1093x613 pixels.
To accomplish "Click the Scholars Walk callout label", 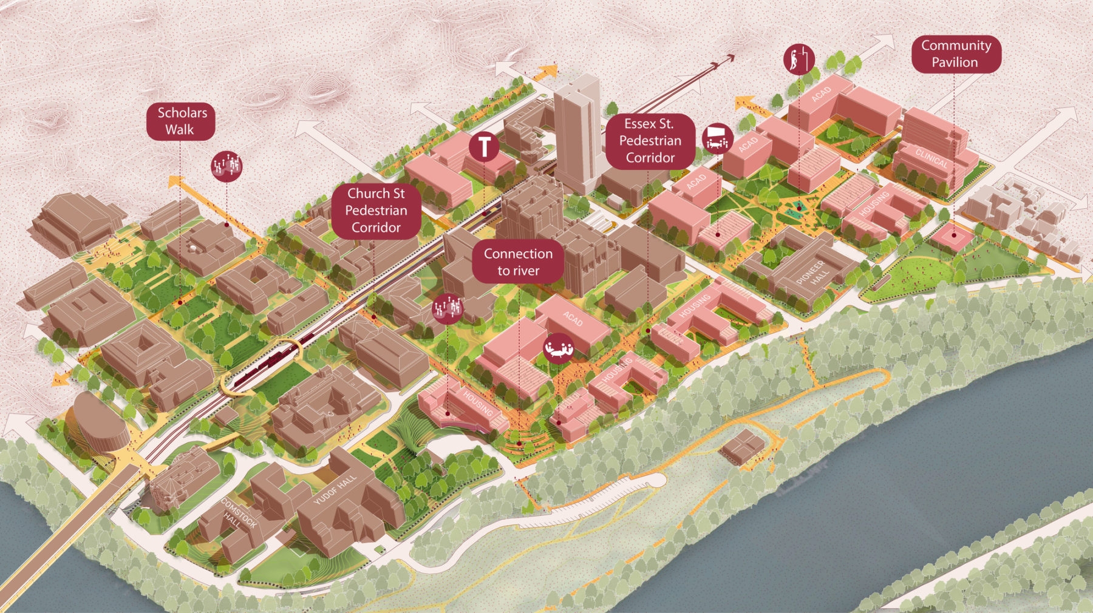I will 180,121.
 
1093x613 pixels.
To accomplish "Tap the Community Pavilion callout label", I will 956,54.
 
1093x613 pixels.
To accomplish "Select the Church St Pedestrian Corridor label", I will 376,211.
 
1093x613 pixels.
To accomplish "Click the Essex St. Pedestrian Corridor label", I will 650,141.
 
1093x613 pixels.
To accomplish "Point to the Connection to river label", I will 518,262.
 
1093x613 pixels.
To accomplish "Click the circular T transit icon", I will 484,147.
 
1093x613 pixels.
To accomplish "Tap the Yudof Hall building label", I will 335,490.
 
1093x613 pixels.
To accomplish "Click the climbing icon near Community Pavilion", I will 798,59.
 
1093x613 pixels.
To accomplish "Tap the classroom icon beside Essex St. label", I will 717,138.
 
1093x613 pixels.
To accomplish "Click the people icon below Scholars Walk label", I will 226,166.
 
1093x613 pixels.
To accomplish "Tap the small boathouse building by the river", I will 742,447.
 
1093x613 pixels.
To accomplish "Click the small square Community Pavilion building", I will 952,235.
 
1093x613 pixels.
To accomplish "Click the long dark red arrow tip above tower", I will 730,58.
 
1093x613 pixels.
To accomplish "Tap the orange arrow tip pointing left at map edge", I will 57,381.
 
